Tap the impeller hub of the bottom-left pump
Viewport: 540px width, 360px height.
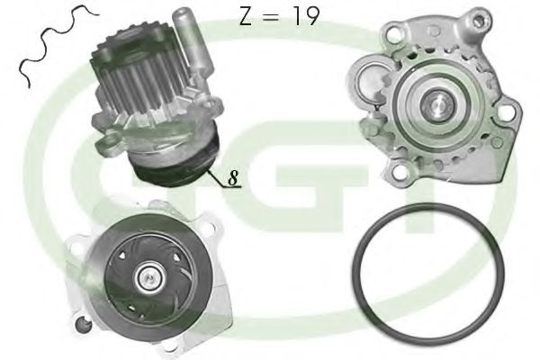coord(145,282)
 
